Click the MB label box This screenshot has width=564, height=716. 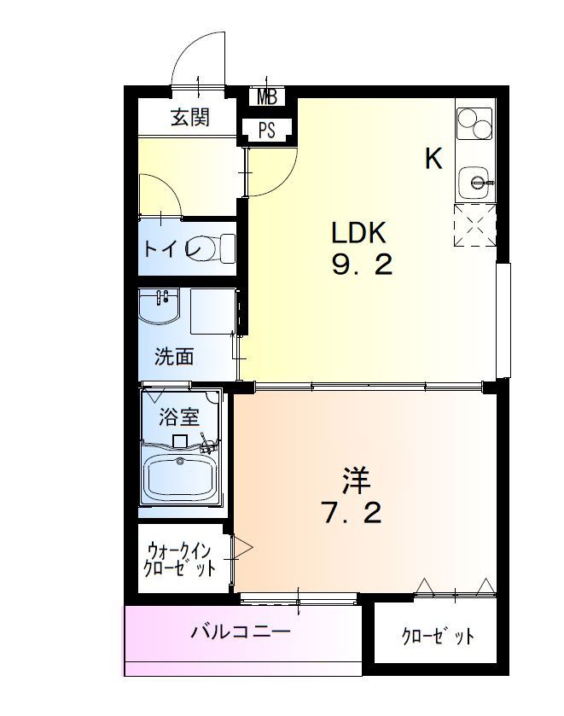click(267, 96)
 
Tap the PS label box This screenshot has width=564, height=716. click(267, 130)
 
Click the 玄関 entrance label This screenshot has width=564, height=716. click(189, 118)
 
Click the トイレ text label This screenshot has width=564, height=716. click(172, 249)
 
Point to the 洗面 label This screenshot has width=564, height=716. click(174, 356)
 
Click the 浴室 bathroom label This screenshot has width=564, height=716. click(179, 417)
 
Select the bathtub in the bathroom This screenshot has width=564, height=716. click(181, 478)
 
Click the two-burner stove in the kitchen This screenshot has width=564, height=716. click(474, 125)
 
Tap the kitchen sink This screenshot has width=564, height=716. click(475, 181)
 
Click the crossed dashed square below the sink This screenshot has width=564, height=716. click(475, 224)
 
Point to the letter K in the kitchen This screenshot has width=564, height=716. click(434, 159)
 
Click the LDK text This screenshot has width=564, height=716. click(360, 232)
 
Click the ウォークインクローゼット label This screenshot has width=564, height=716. click(180, 558)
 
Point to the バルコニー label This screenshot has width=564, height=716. click(241, 632)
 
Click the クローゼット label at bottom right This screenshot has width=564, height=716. click(437, 637)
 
